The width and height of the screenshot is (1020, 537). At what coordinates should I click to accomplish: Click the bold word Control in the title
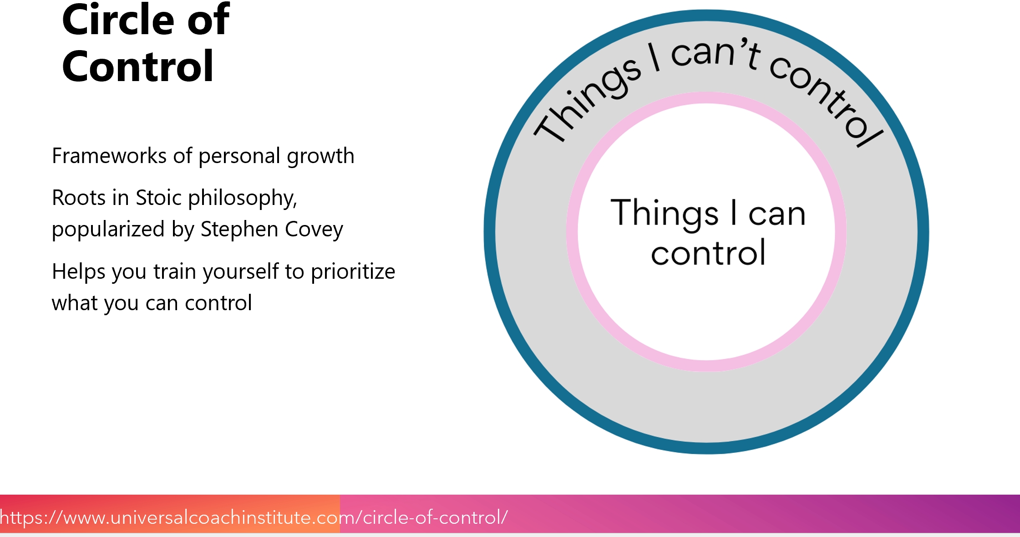(x=138, y=66)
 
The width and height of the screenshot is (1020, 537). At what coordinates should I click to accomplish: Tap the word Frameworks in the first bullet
(x=109, y=156)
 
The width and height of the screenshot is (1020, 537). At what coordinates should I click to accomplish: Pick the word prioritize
(x=353, y=272)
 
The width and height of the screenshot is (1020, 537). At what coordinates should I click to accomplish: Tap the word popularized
(x=108, y=230)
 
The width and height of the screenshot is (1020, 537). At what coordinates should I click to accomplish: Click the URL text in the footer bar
(x=254, y=517)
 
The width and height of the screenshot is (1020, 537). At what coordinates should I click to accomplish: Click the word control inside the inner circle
(x=708, y=253)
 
